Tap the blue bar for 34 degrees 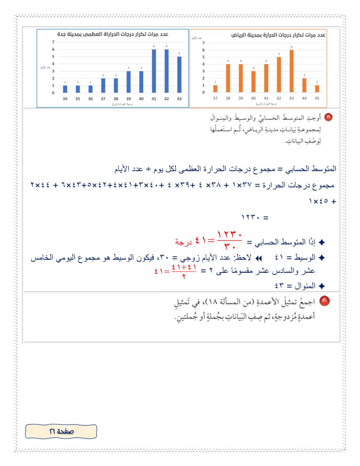click(x=65, y=89)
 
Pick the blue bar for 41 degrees click(x=154, y=71)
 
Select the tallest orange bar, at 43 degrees click(x=292, y=71)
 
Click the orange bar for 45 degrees click(x=317, y=89)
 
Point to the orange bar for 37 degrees click(x=215, y=89)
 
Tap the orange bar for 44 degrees click(x=304, y=85)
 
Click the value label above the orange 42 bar click(x=279, y=54)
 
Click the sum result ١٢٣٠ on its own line click(x=255, y=217)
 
